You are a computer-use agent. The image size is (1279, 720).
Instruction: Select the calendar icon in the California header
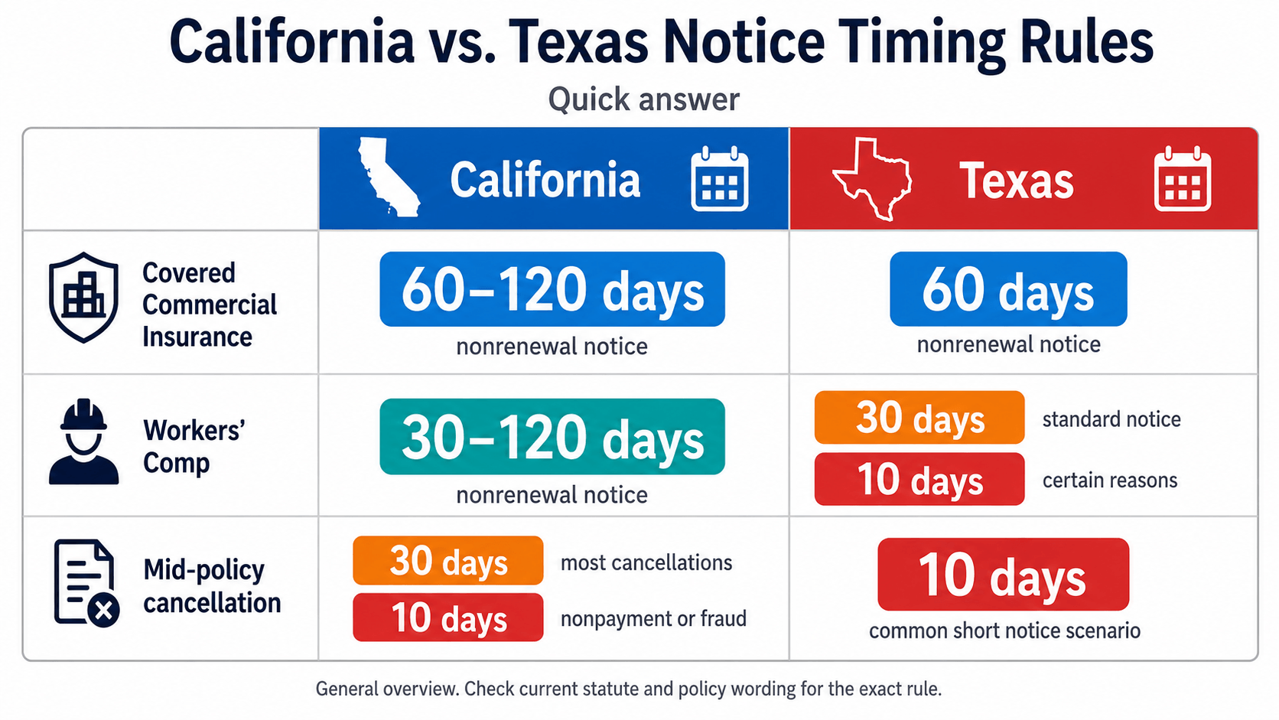(x=719, y=179)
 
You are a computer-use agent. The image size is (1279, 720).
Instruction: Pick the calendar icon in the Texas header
(x=1183, y=179)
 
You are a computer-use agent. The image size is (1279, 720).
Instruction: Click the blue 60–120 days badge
(x=552, y=289)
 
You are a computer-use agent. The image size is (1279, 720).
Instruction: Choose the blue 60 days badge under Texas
(x=1008, y=289)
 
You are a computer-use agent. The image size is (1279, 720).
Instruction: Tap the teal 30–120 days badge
(x=552, y=437)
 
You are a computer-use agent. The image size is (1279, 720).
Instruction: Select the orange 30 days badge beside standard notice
(x=919, y=417)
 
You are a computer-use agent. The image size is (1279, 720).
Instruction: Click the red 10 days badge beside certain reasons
(x=919, y=479)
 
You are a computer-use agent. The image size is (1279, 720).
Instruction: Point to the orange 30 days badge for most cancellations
(x=448, y=560)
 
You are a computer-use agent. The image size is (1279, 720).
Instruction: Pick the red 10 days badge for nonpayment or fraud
(x=448, y=617)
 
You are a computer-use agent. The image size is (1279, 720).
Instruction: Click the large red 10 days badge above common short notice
(x=1003, y=575)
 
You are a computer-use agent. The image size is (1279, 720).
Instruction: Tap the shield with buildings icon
(x=83, y=297)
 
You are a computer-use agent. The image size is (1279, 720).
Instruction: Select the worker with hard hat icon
(x=83, y=441)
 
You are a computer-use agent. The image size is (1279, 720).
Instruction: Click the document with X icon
(x=86, y=583)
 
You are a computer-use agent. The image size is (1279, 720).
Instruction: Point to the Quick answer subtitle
(x=643, y=99)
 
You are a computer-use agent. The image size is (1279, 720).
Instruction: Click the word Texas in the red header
(x=1017, y=181)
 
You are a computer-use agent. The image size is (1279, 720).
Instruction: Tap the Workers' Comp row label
(x=194, y=447)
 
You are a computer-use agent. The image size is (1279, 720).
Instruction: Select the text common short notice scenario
(x=1004, y=631)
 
